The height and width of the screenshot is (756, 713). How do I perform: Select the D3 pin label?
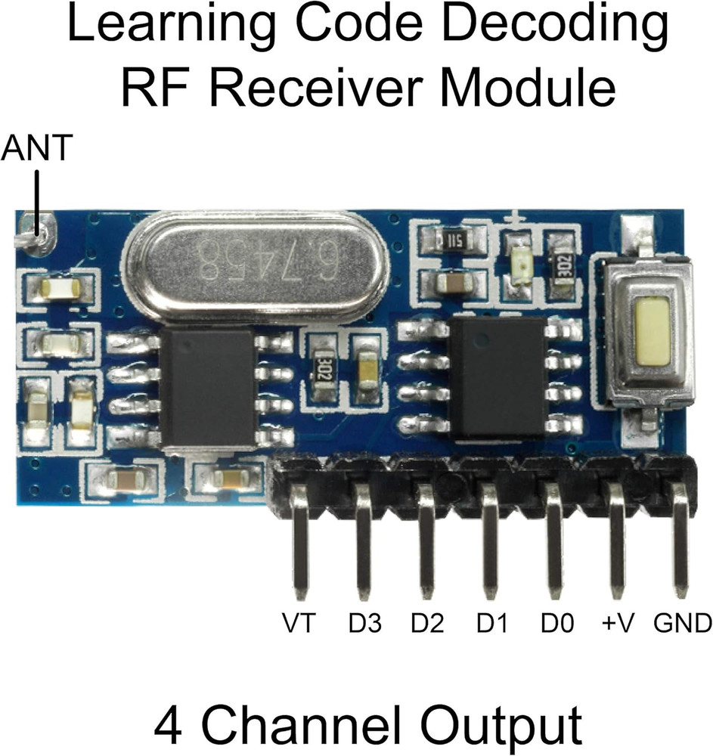[364, 624]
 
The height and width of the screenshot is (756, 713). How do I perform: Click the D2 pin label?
[427, 624]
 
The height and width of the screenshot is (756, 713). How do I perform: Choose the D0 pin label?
[557, 624]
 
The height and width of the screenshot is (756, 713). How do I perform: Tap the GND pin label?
[682, 624]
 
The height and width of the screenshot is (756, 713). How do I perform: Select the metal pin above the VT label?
[301, 544]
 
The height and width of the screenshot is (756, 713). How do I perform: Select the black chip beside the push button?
[498, 375]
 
